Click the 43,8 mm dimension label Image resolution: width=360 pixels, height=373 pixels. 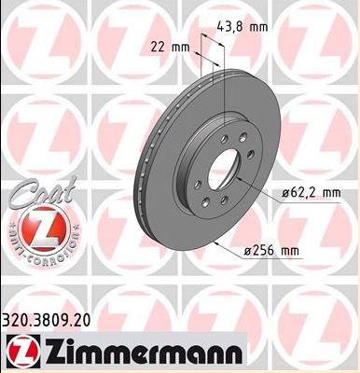242,27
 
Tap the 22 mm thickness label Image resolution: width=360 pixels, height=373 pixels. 170,48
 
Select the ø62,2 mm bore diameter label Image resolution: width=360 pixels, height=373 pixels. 312,193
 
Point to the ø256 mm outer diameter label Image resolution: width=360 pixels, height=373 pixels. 271,251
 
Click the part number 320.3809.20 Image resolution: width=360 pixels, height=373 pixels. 47,320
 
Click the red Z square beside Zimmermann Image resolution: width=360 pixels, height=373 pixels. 23,352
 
